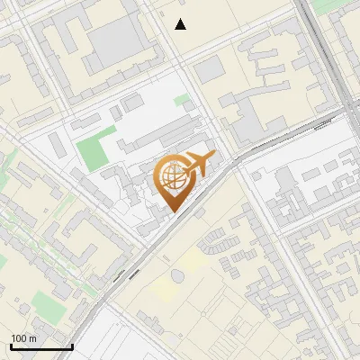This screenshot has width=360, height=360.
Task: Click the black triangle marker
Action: point(181,24)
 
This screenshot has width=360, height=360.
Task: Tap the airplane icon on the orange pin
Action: point(199,165)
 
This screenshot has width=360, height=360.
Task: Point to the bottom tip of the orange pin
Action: point(172,211)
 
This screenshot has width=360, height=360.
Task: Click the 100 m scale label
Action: point(24,338)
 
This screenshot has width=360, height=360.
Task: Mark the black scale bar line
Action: point(41,346)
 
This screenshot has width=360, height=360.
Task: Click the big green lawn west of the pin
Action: point(95,148)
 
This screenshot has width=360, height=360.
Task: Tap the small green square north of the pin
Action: point(182,99)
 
